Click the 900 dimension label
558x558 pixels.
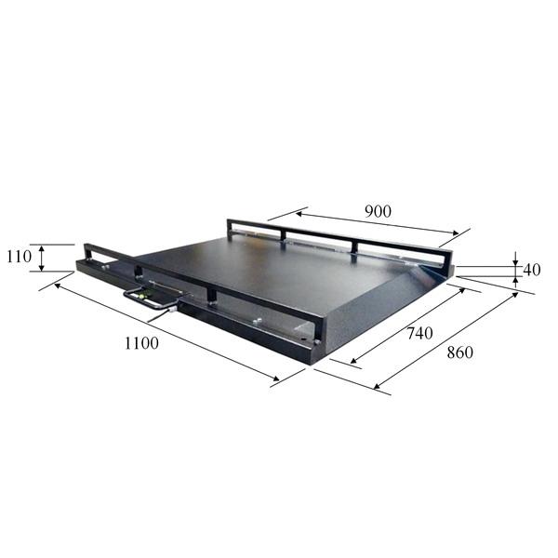(x=378, y=211)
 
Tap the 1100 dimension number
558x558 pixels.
(x=141, y=343)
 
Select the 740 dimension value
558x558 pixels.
(x=419, y=334)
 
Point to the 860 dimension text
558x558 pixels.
(x=459, y=352)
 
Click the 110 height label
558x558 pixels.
(x=20, y=257)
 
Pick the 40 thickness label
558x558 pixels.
(x=532, y=270)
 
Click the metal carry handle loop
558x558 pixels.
(x=149, y=299)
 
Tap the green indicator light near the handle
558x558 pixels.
(x=144, y=295)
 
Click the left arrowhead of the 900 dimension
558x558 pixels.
(x=299, y=214)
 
